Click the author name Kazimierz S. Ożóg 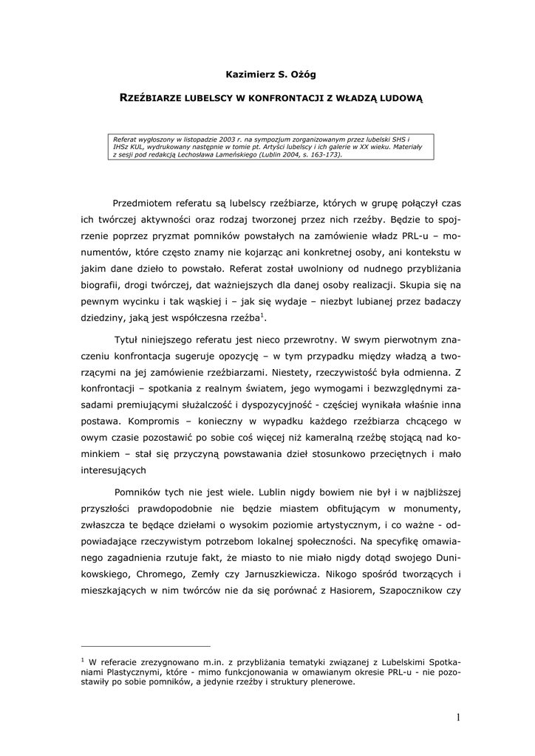267,74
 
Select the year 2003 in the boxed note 219,138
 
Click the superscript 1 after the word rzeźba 264,315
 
